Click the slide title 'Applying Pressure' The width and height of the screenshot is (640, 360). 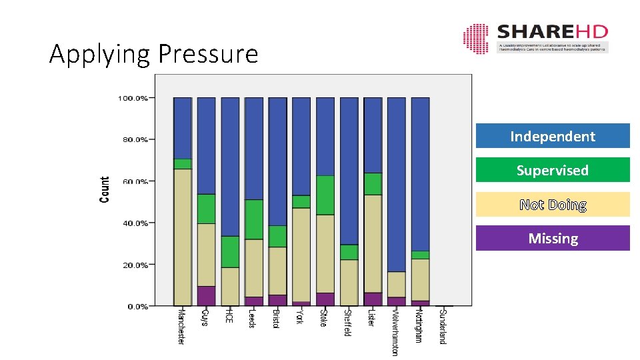(x=153, y=53)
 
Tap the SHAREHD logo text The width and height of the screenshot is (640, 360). (x=552, y=32)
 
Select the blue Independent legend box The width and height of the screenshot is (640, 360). (x=552, y=136)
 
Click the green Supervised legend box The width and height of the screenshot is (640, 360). (x=552, y=170)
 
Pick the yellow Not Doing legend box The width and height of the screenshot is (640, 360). (x=552, y=205)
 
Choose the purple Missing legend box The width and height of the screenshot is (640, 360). (x=552, y=238)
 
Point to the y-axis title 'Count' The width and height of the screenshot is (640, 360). (x=105, y=190)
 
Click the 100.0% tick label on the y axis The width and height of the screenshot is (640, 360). (x=133, y=98)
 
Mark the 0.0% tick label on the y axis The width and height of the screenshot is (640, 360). (x=137, y=307)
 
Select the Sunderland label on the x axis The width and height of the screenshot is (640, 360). (x=443, y=326)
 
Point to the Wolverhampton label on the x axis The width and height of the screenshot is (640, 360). (x=396, y=331)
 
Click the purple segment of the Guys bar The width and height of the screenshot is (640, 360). (x=206, y=296)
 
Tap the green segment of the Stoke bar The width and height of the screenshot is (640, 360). (x=325, y=195)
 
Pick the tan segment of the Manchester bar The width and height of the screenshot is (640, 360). (x=182, y=237)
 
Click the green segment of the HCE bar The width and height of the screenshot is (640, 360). (x=230, y=252)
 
